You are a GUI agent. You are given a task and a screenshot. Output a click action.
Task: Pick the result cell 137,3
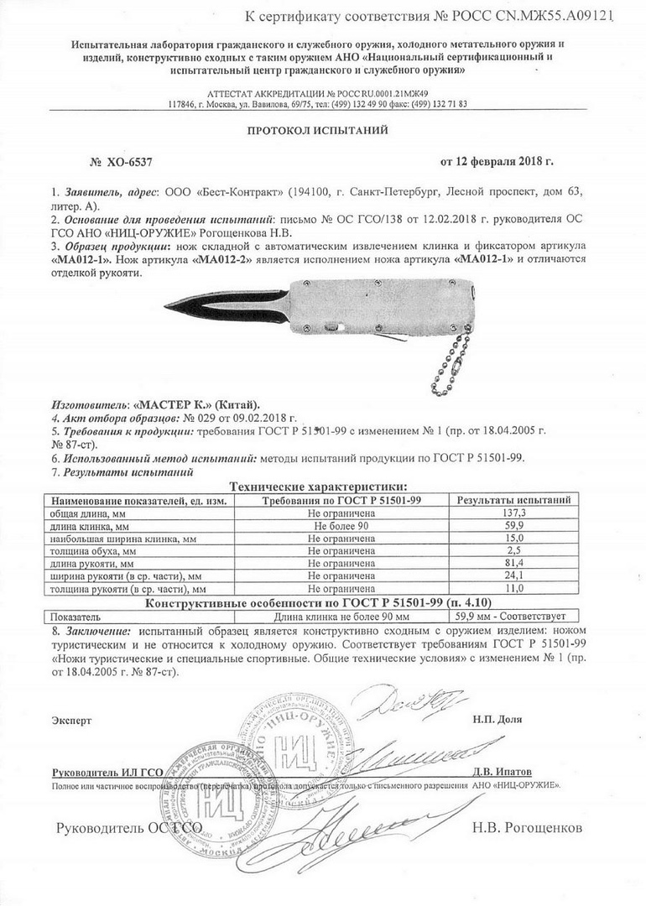(513, 512)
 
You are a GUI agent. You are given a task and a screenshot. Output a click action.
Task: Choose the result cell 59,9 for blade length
(513, 525)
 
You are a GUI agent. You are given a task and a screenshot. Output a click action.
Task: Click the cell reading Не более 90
(341, 525)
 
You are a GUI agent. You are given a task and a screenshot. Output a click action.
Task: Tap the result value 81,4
(513, 565)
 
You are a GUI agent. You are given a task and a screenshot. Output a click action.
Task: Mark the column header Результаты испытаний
(513, 500)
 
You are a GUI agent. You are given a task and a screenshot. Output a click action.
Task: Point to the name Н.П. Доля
(497, 720)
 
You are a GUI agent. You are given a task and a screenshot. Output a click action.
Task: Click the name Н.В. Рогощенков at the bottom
(526, 829)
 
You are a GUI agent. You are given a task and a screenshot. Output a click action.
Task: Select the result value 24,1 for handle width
(513, 577)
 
